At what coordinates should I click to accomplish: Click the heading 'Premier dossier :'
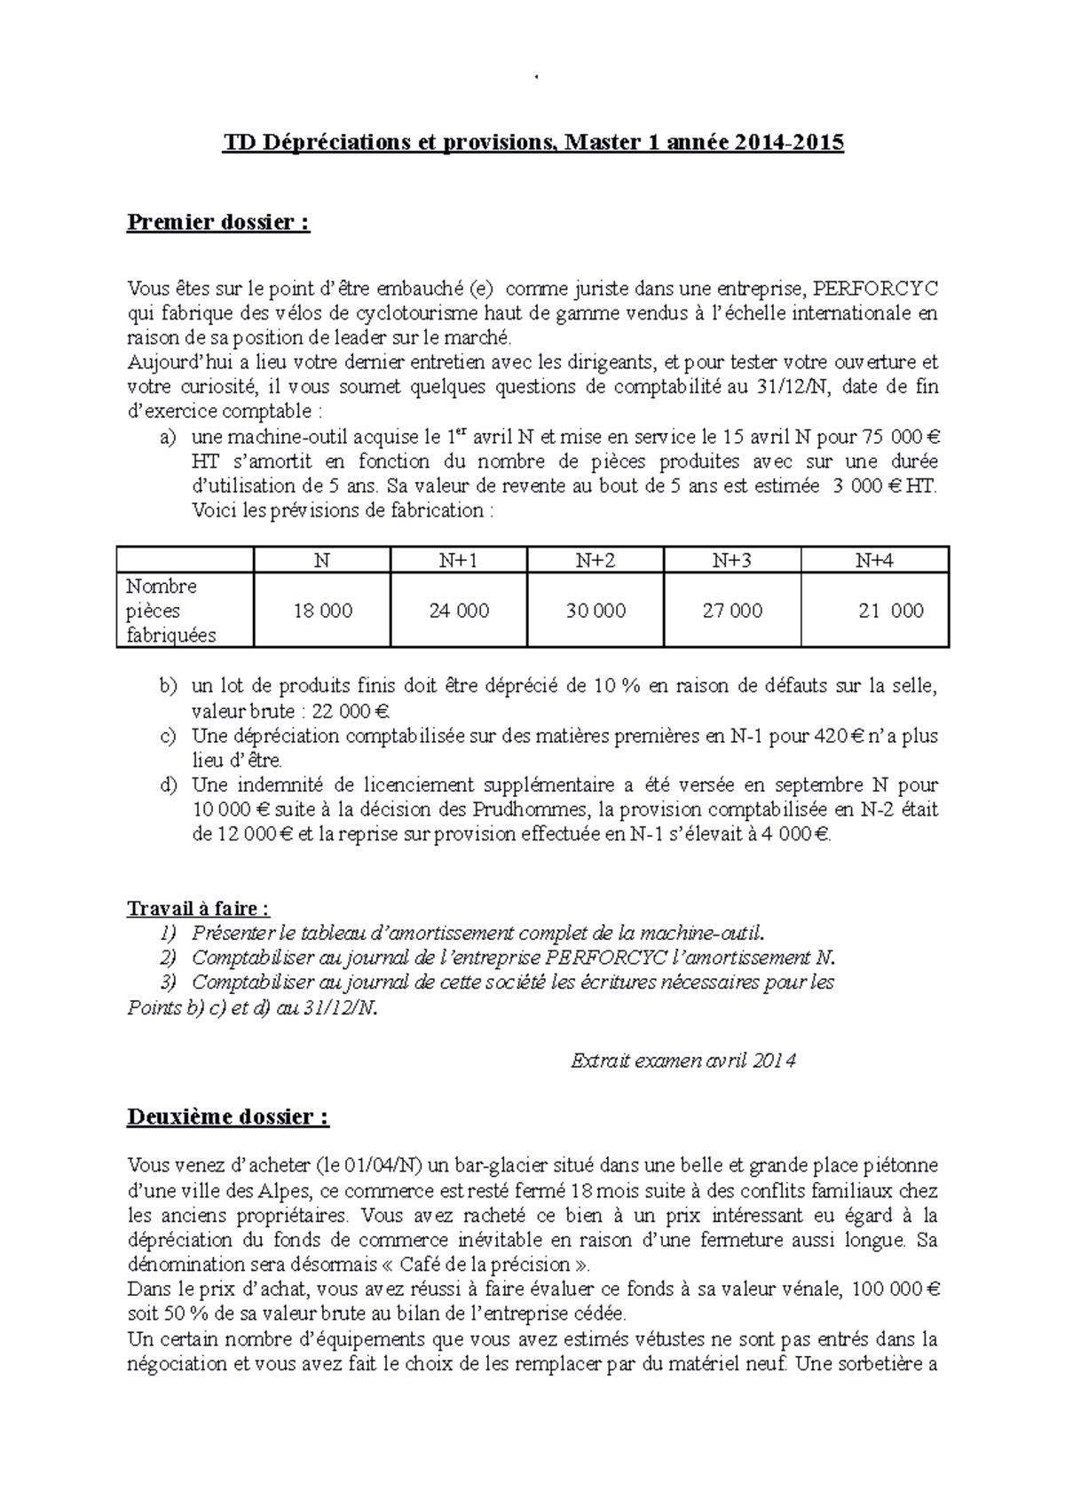(x=218, y=222)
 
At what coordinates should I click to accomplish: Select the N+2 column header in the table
(x=596, y=560)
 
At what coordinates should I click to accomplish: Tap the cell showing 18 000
(x=323, y=611)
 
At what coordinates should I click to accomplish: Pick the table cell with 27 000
(x=732, y=611)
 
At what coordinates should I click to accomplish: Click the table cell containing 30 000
(x=596, y=611)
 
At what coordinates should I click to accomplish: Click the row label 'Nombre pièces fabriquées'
(x=170, y=611)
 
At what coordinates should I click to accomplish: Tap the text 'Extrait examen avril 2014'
(x=682, y=1060)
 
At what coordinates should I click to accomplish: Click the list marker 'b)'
(x=169, y=686)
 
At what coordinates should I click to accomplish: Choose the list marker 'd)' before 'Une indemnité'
(x=169, y=785)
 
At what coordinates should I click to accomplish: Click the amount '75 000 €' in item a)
(x=900, y=437)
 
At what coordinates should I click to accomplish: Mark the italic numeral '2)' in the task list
(x=169, y=959)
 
